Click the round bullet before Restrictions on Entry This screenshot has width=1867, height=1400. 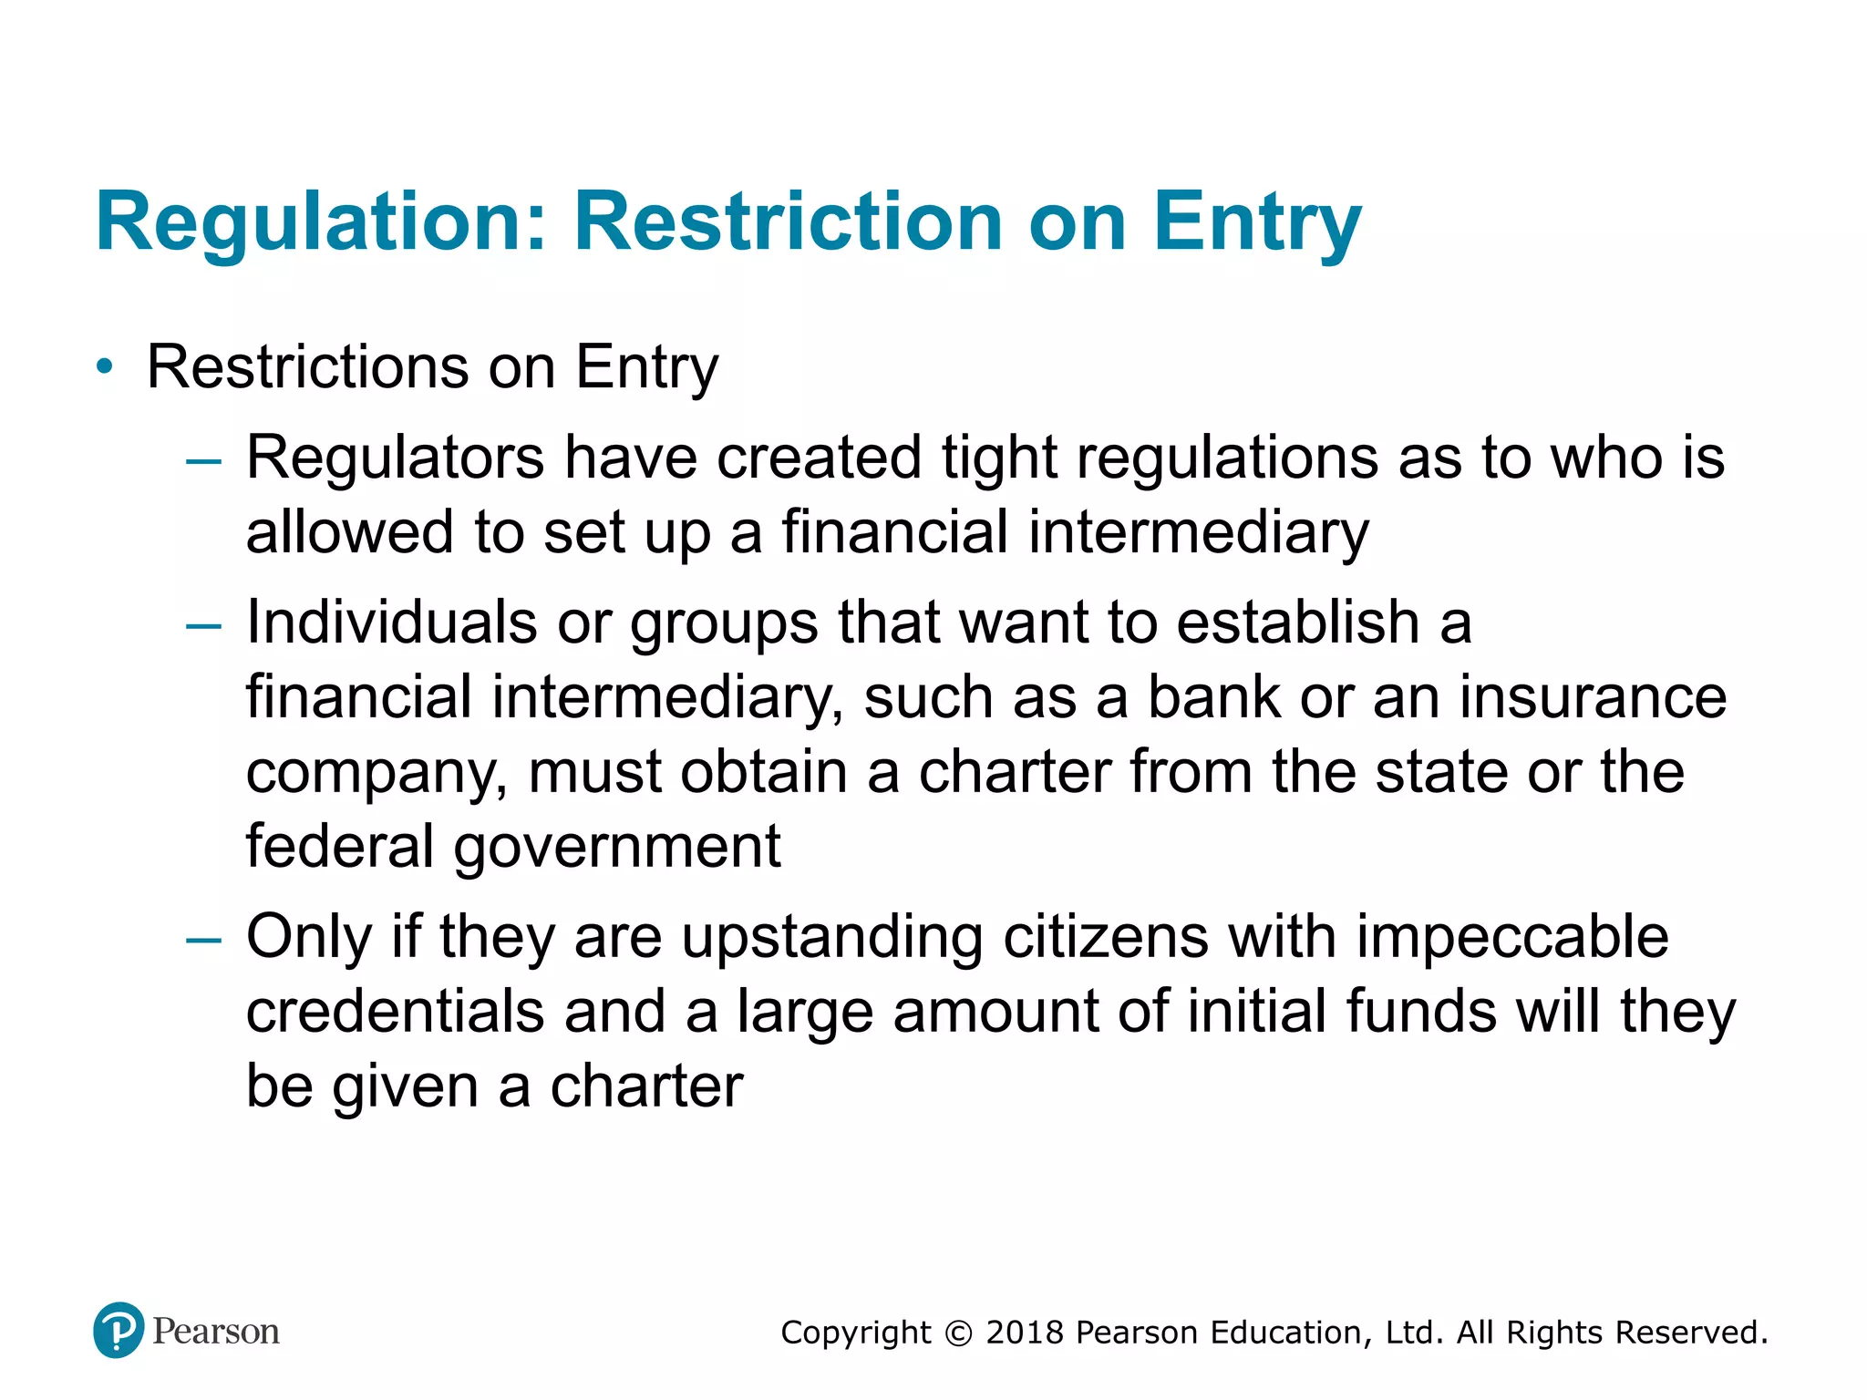click(x=106, y=367)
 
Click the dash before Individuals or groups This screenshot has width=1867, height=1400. click(x=202, y=627)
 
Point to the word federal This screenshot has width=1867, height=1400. click(x=339, y=847)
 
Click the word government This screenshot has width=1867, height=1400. click(x=617, y=847)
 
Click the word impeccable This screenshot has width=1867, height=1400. click(x=1512, y=937)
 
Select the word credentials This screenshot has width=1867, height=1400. click(x=395, y=1012)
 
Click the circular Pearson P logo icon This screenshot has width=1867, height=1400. click(x=119, y=1330)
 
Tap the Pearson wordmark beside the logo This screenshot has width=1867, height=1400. click(x=216, y=1332)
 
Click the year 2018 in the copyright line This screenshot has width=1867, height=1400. click(x=1025, y=1333)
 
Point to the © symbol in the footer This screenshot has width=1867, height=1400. click(x=958, y=1333)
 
